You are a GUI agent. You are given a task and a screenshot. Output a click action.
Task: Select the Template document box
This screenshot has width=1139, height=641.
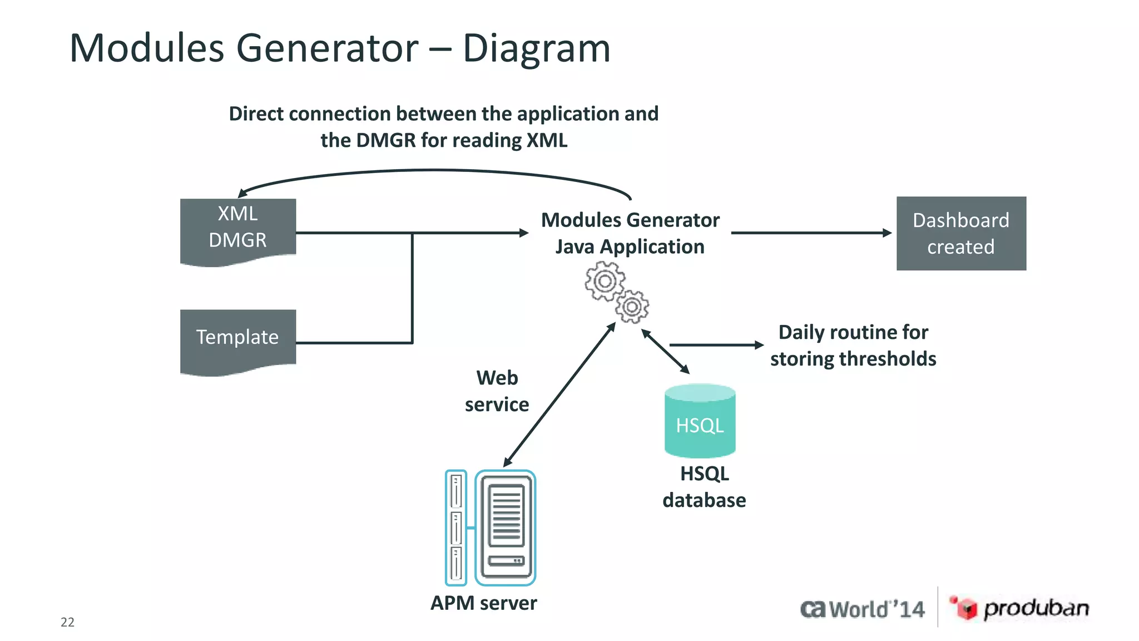[x=237, y=338]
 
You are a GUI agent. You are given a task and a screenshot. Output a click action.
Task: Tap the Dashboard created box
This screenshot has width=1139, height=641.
[x=960, y=234]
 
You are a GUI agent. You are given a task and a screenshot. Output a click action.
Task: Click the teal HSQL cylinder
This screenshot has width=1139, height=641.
[x=700, y=421]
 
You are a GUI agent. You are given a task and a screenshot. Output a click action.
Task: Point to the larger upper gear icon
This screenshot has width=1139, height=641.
[x=605, y=281]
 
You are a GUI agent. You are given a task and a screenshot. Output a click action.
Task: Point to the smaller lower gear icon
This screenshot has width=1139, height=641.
[x=632, y=307]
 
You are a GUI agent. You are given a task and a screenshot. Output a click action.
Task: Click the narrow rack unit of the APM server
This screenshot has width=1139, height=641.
[x=456, y=527]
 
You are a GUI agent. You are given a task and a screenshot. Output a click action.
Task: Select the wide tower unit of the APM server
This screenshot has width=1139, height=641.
[x=506, y=527]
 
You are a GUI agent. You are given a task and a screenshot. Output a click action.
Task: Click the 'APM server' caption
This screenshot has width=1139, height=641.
[x=483, y=603]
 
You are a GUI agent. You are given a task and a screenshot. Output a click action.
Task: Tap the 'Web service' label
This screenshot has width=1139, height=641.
[x=497, y=391]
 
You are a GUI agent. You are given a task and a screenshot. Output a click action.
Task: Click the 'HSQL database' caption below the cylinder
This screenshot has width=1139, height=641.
[x=704, y=487]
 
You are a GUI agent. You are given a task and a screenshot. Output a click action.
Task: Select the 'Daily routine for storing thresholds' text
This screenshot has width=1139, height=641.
[x=853, y=346]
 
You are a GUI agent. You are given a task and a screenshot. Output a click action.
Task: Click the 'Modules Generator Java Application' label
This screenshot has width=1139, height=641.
[x=630, y=233]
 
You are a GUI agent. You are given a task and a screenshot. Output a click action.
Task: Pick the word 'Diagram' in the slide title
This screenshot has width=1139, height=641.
[x=536, y=48]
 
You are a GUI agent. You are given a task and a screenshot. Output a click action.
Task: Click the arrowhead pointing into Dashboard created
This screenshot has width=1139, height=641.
[x=887, y=233]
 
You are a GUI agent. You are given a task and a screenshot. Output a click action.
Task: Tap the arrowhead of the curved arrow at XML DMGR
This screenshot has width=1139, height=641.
[x=242, y=193]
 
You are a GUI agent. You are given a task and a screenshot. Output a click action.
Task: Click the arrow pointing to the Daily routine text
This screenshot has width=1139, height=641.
[x=717, y=345]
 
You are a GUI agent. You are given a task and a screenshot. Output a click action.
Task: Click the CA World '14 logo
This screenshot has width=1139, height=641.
[x=862, y=609]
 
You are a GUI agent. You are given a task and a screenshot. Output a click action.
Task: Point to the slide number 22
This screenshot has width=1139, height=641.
[x=67, y=622]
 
